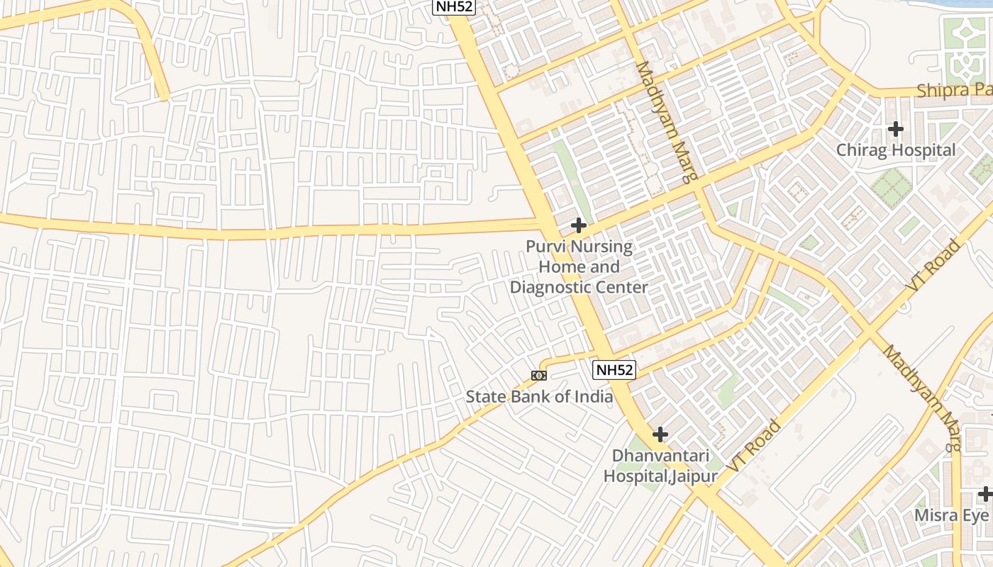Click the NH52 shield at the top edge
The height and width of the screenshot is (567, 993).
point(454,6)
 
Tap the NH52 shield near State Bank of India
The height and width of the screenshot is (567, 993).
point(614,369)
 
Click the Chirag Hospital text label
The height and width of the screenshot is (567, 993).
point(895,150)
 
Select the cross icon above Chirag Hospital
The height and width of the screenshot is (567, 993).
point(896,129)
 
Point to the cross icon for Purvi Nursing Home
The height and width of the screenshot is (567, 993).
point(579,226)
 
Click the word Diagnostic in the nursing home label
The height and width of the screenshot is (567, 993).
point(557,287)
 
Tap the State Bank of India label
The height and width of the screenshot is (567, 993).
point(539,396)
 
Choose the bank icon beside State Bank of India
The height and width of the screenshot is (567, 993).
point(539,376)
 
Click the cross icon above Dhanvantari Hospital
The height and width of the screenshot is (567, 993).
point(660,434)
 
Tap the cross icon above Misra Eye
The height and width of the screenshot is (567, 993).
point(984,494)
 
